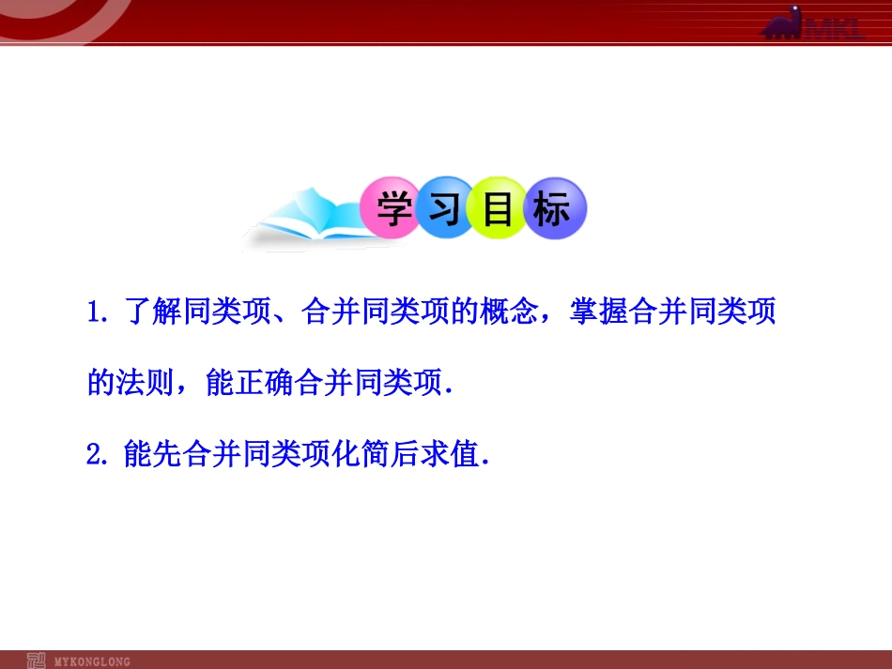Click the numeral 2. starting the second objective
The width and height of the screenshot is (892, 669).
pyautogui.click(x=99, y=456)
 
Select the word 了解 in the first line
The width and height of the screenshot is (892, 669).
pyautogui.click(x=153, y=313)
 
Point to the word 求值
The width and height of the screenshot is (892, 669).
pyautogui.click(x=448, y=456)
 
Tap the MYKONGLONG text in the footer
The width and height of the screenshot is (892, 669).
pyautogui.click(x=92, y=661)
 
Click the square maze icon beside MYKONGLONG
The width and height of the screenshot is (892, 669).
pyautogui.click(x=37, y=661)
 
